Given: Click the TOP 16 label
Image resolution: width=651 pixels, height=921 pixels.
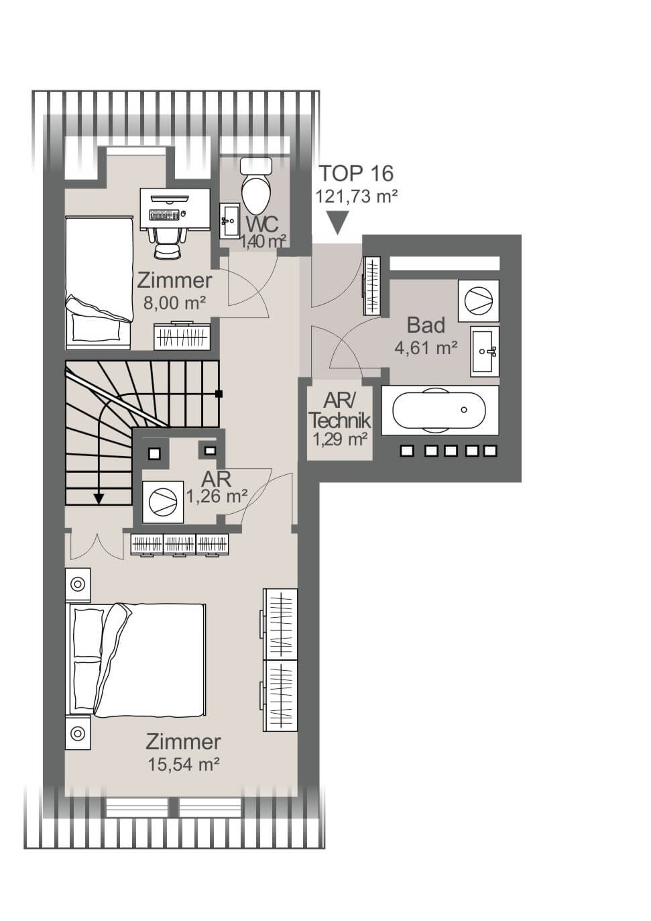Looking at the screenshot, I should coord(355,173).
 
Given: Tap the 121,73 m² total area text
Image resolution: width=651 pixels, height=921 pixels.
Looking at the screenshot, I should coord(357,196).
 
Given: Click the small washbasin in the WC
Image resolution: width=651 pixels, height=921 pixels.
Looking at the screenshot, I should coord(230,221).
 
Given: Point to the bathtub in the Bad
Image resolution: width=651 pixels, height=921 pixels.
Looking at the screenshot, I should coord(439,409).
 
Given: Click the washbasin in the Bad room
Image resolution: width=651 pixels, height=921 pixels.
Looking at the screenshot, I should coord(484,350).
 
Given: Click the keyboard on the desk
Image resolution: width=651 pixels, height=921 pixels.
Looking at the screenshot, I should coord(164,215).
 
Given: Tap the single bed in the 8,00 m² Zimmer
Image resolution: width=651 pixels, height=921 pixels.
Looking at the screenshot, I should coord(99,282).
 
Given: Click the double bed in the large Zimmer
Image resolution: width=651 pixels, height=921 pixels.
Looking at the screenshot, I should coord(137,660).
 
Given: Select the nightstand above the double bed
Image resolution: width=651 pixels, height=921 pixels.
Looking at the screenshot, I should coord(78,584).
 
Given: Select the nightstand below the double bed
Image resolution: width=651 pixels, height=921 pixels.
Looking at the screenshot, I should coord(78,733).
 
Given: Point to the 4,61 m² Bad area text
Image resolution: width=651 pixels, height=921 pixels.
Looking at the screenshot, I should coord(426,348).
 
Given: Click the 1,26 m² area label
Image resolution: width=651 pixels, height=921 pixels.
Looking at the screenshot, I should coord(217,496).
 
